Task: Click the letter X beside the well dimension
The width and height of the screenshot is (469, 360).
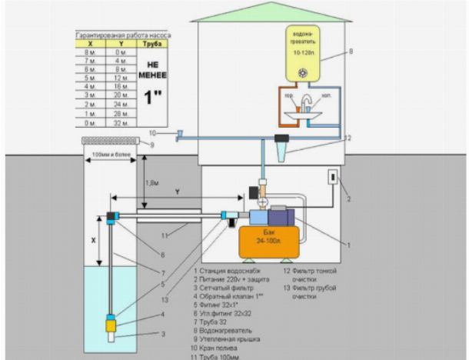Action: coord(94,240)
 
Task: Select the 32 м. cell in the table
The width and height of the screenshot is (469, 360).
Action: coord(120,122)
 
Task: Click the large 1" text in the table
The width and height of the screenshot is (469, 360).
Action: coord(152,98)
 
